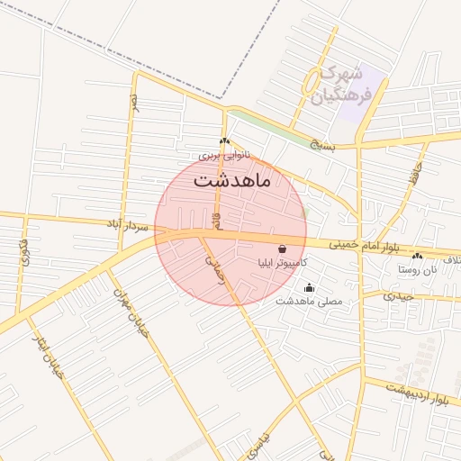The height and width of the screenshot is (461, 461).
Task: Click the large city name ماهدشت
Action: pos(230,179)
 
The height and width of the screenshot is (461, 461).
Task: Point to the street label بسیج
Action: pos(321,143)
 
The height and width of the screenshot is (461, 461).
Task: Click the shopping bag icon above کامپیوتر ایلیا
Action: pos(283,249)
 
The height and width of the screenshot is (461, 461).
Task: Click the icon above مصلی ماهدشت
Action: pos(310,287)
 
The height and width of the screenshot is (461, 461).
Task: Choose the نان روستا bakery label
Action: pos(415,269)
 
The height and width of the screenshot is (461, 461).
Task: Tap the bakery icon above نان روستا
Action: pos(416,258)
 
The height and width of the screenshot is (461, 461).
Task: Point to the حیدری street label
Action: pos(397,294)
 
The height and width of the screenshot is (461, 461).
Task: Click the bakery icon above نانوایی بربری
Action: pos(224,141)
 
